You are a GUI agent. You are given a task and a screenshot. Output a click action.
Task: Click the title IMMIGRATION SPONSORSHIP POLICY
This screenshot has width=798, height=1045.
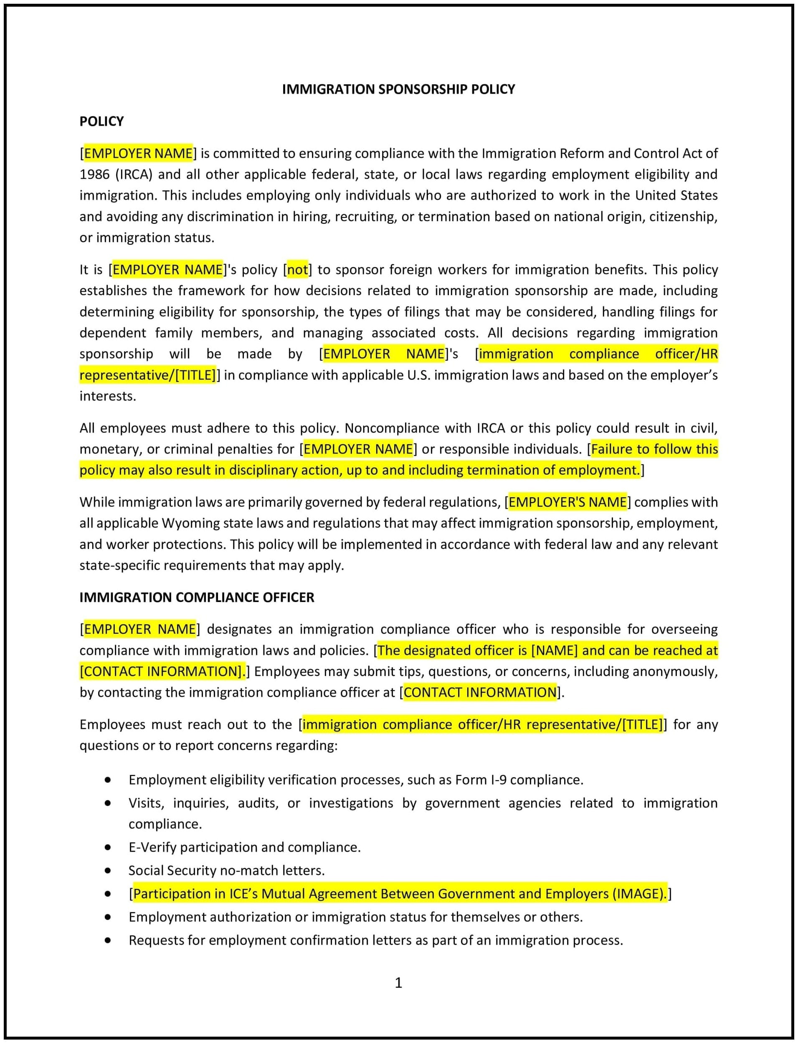click(x=398, y=89)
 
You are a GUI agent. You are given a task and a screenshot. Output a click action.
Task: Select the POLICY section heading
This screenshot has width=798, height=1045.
click(x=101, y=121)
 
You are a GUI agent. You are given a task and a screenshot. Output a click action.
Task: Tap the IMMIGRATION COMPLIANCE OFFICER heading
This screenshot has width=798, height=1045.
click(x=197, y=597)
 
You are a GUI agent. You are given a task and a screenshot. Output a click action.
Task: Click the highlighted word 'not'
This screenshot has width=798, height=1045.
click(x=297, y=270)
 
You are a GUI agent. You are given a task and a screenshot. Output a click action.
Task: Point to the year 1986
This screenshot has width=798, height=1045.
click(x=94, y=175)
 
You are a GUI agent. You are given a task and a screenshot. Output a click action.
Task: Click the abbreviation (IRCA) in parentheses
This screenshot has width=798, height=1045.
click(x=134, y=175)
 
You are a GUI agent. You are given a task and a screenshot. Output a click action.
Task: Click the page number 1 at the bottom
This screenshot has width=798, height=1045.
click(x=398, y=983)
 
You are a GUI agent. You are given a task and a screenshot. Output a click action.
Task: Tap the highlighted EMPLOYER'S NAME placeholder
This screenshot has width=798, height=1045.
click(x=567, y=502)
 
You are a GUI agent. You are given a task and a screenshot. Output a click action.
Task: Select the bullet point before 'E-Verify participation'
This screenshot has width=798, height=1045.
click(x=108, y=847)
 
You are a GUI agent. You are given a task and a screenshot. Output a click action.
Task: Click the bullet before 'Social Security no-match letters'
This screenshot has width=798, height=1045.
click(x=108, y=870)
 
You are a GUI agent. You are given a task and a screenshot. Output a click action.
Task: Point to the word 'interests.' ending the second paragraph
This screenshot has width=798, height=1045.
click(x=108, y=396)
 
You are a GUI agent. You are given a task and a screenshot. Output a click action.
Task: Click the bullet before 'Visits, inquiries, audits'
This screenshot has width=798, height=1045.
click(x=108, y=803)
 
